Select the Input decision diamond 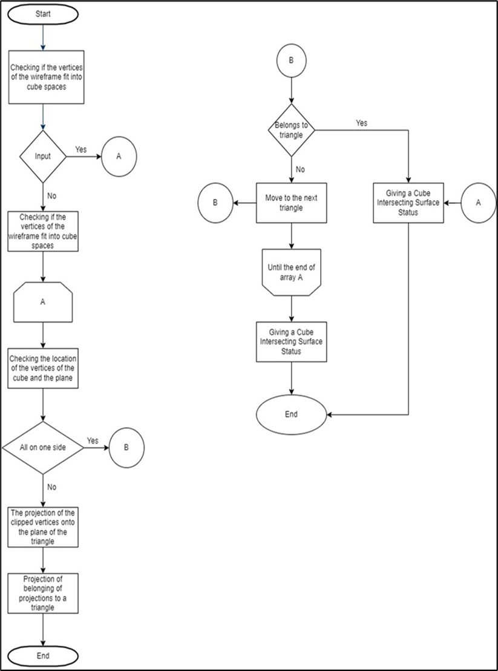click(x=43, y=156)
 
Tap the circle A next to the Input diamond click(x=119, y=156)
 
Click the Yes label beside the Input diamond click(x=81, y=148)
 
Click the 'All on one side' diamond click(x=43, y=448)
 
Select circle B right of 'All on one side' click(x=126, y=448)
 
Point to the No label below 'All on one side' click(x=52, y=486)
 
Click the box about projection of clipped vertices click(x=43, y=528)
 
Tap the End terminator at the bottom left click(x=43, y=656)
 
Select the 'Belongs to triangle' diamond click(x=292, y=129)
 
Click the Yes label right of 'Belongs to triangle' click(x=361, y=123)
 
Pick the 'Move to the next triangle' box click(x=292, y=203)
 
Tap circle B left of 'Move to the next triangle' click(x=215, y=203)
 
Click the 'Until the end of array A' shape click(x=292, y=272)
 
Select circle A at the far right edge click(x=478, y=203)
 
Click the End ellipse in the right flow click(x=292, y=415)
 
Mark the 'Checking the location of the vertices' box click(x=43, y=368)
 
